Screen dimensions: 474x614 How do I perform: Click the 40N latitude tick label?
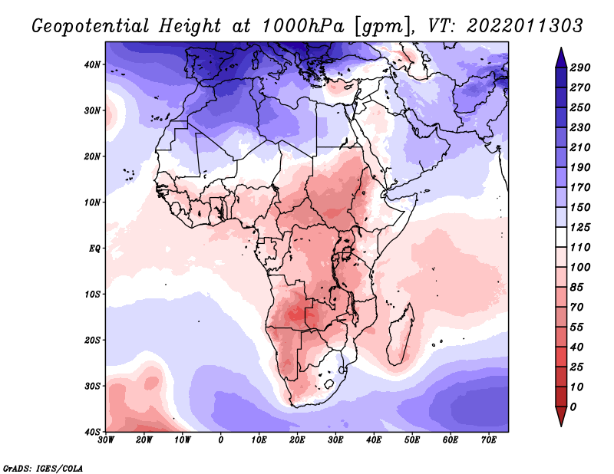pyautogui.click(x=91, y=64)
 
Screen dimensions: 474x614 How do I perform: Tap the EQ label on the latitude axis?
pyautogui.click(x=93, y=248)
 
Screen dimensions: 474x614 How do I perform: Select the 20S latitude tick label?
pyautogui.click(x=91, y=340)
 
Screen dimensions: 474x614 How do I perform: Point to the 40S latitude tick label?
pyautogui.click(x=91, y=431)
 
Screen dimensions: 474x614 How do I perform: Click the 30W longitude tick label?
pyautogui.click(x=106, y=439)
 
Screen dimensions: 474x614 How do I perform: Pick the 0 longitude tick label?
pyautogui.click(x=221, y=439)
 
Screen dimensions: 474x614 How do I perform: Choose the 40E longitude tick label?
pyautogui.click(x=374, y=439)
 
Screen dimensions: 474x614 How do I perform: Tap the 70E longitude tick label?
pyautogui.click(x=489, y=439)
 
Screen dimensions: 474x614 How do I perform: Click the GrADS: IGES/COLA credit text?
pyautogui.click(x=43, y=467)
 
